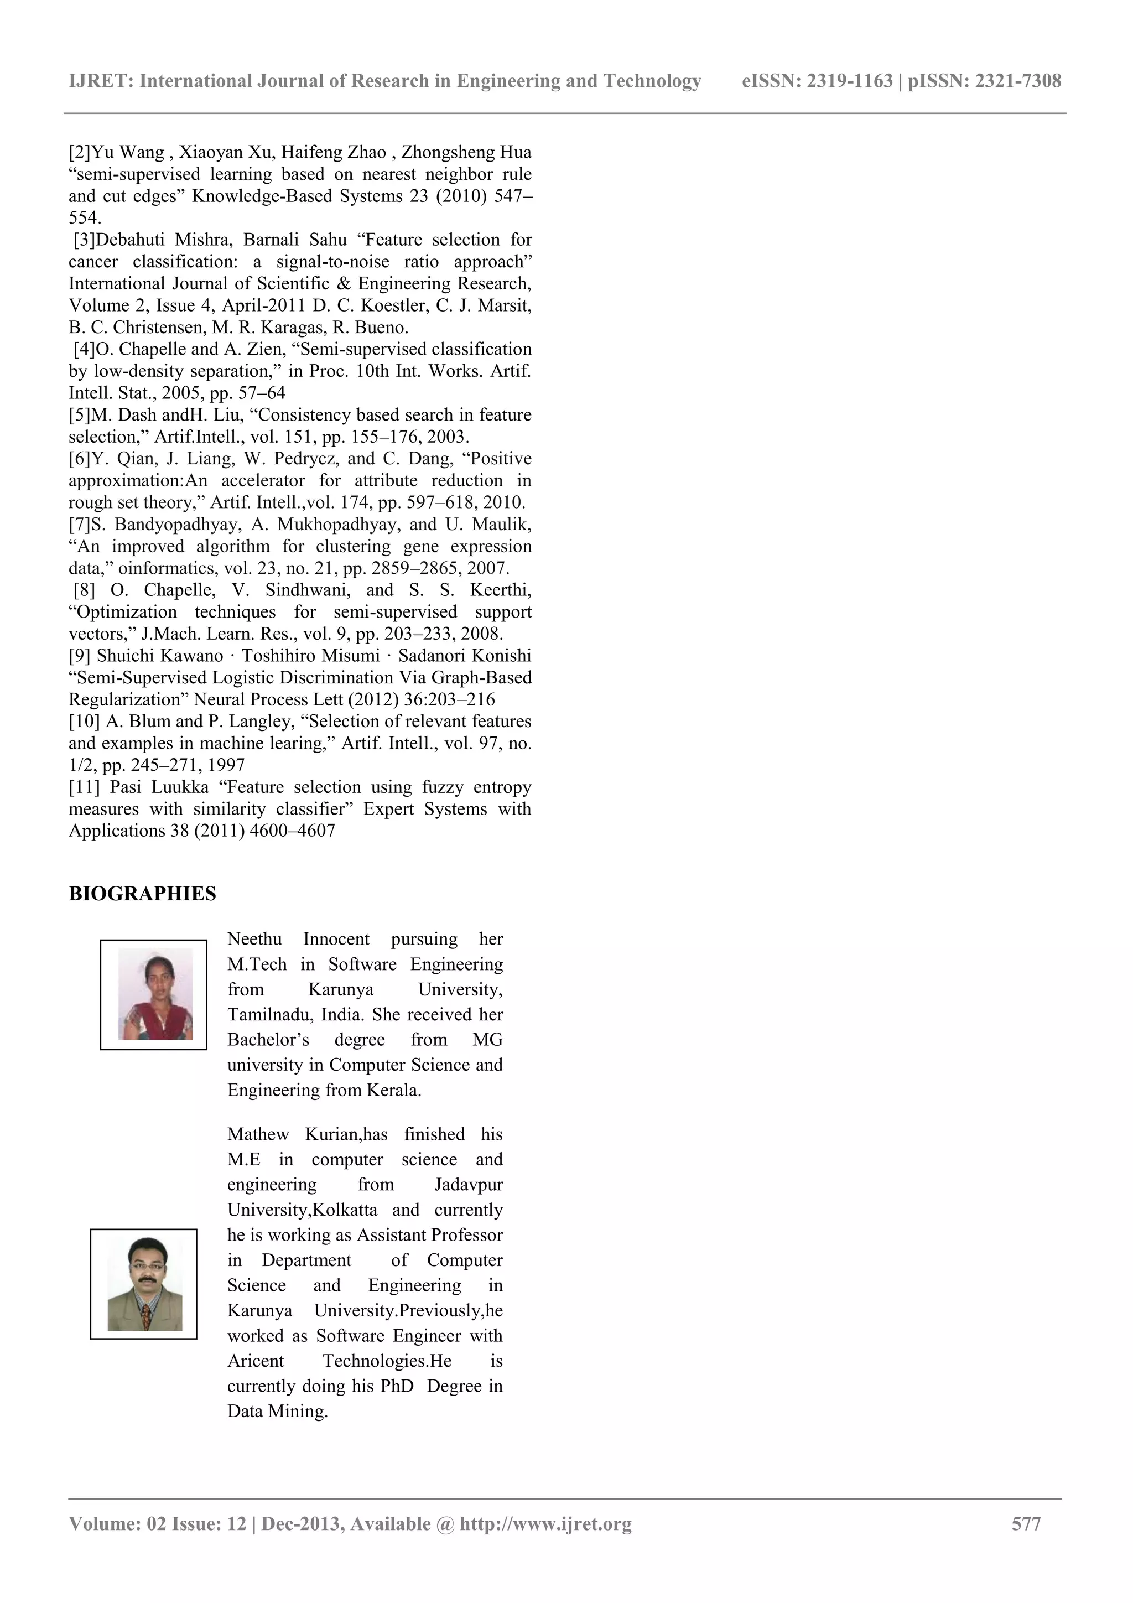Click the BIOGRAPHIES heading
(x=142, y=894)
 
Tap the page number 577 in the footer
(x=1026, y=1523)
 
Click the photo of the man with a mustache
(x=144, y=1284)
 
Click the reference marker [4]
(x=85, y=349)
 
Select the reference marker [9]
(x=80, y=656)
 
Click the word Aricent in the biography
(x=256, y=1361)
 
